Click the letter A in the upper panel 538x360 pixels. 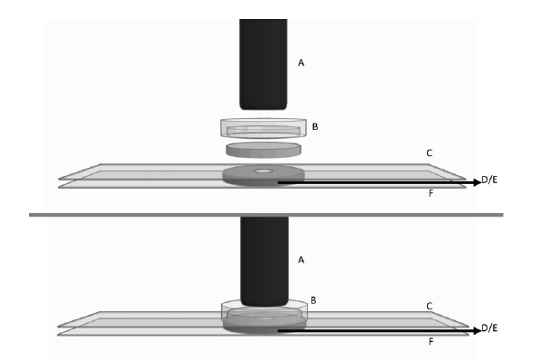coord(301,63)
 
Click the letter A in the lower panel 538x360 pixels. coord(301,260)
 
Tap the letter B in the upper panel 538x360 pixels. coord(315,127)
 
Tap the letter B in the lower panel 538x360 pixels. coord(313,300)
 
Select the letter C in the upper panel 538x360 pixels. coord(430,152)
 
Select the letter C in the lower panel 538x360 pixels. coord(430,306)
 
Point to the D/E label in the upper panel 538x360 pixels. coord(489,180)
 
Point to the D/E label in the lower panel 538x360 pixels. coord(489,328)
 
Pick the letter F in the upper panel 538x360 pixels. coord(431,193)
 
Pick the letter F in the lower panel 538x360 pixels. coord(431,341)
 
